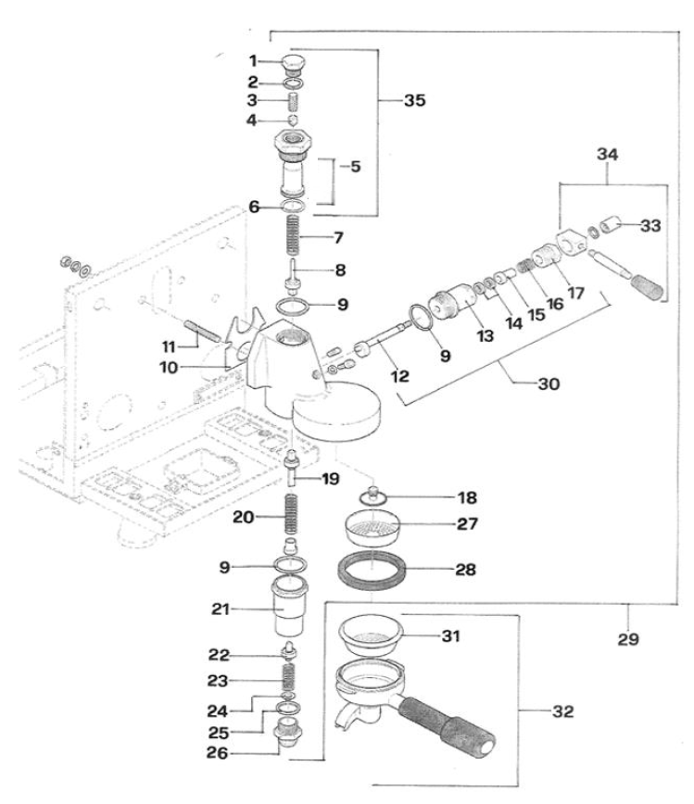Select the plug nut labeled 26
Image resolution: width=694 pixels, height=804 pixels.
pos(292,742)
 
